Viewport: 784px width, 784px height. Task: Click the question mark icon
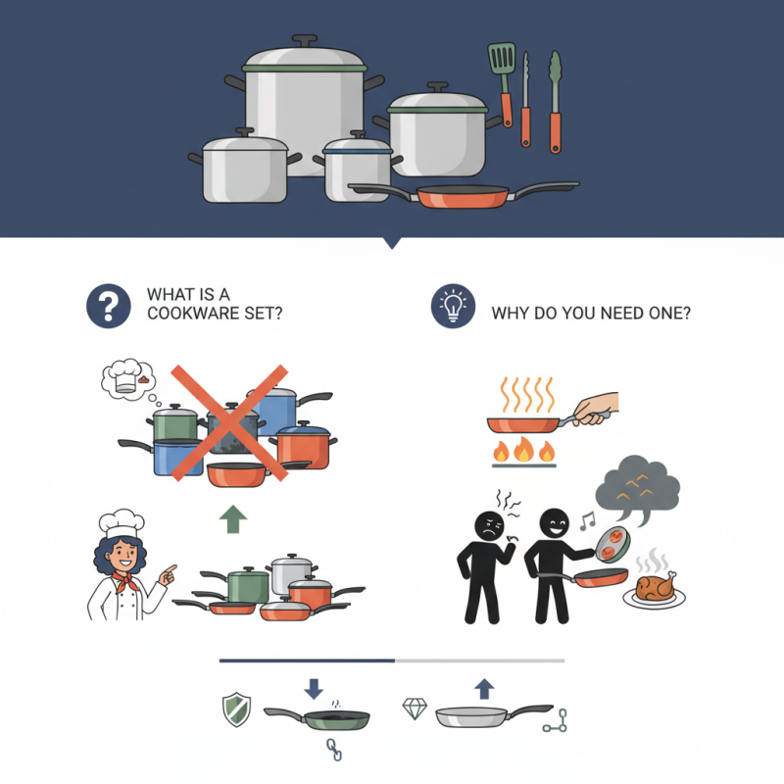109,306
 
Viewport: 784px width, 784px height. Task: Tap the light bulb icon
452,306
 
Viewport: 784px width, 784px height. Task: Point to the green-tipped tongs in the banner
556,98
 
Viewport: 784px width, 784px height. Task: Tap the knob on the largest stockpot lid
304,41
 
